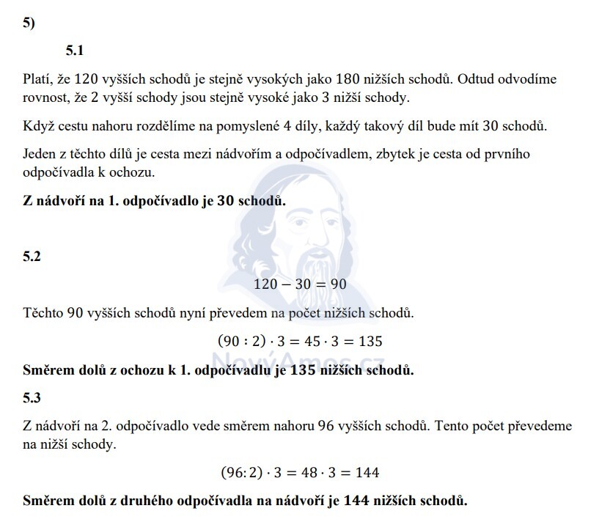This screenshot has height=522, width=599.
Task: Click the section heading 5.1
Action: (x=76, y=51)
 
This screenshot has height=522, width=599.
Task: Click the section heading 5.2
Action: (x=32, y=257)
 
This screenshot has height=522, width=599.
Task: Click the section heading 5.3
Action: (x=32, y=398)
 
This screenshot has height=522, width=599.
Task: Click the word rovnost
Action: (x=46, y=97)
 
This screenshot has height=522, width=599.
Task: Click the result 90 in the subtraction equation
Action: (x=337, y=284)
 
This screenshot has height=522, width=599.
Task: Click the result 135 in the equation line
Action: (x=372, y=342)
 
